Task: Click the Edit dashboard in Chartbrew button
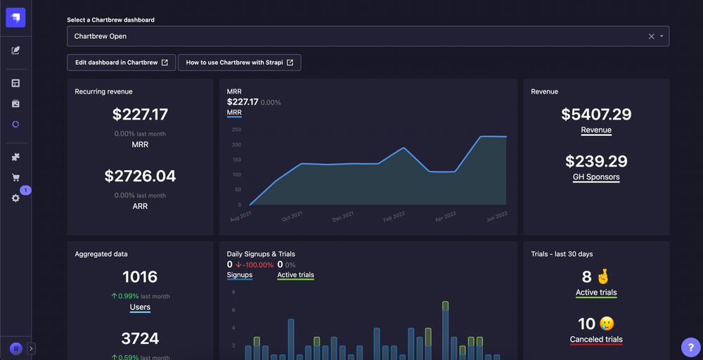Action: click(x=121, y=63)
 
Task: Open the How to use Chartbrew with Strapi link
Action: click(x=239, y=63)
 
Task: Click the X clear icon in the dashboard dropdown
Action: click(x=651, y=37)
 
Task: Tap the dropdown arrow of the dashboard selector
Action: click(x=662, y=37)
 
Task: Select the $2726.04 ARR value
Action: click(x=140, y=176)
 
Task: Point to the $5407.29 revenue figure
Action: click(x=596, y=114)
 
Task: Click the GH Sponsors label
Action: click(x=596, y=177)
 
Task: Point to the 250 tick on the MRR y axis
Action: click(x=236, y=130)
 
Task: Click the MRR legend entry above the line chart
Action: click(x=234, y=112)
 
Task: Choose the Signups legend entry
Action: click(x=240, y=275)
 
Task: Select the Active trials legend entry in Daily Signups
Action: click(x=295, y=275)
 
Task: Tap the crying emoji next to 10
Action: click(x=606, y=323)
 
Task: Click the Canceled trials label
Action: click(x=596, y=340)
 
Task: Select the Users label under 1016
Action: click(x=140, y=307)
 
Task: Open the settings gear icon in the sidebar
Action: click(x=15, y=198)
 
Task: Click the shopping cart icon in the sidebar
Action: click(x=15, y=178)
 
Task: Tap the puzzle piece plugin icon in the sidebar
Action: click(x=15, y=157)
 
